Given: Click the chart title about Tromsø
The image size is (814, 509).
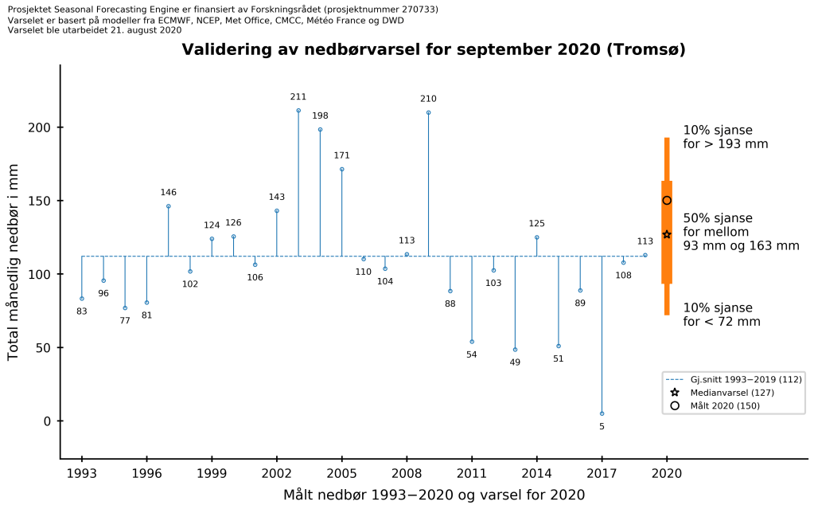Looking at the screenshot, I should (x=434, y=49).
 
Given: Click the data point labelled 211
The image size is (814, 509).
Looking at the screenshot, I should (x=298, y=111).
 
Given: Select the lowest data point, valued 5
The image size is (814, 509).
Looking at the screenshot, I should (x=602, y=413).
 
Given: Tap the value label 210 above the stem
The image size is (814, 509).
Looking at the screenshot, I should (x=428, y=99).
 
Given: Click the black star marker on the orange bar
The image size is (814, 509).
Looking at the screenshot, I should (x=667, y=234).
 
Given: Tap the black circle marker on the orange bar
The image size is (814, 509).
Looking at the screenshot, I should (x=667, y=201).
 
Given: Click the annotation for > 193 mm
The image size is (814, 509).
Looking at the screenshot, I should (x=725, y=137).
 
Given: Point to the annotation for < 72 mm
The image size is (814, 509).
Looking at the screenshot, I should (x=721, y=315).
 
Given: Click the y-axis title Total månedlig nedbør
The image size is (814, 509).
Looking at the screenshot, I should (x=14, y=269).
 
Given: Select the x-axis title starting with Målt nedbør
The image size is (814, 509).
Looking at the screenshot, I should (x=434, y=495).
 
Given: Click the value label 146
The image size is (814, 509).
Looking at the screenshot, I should (x=169, y=192).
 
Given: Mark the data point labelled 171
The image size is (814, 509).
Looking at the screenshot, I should (x=342, y=169).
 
